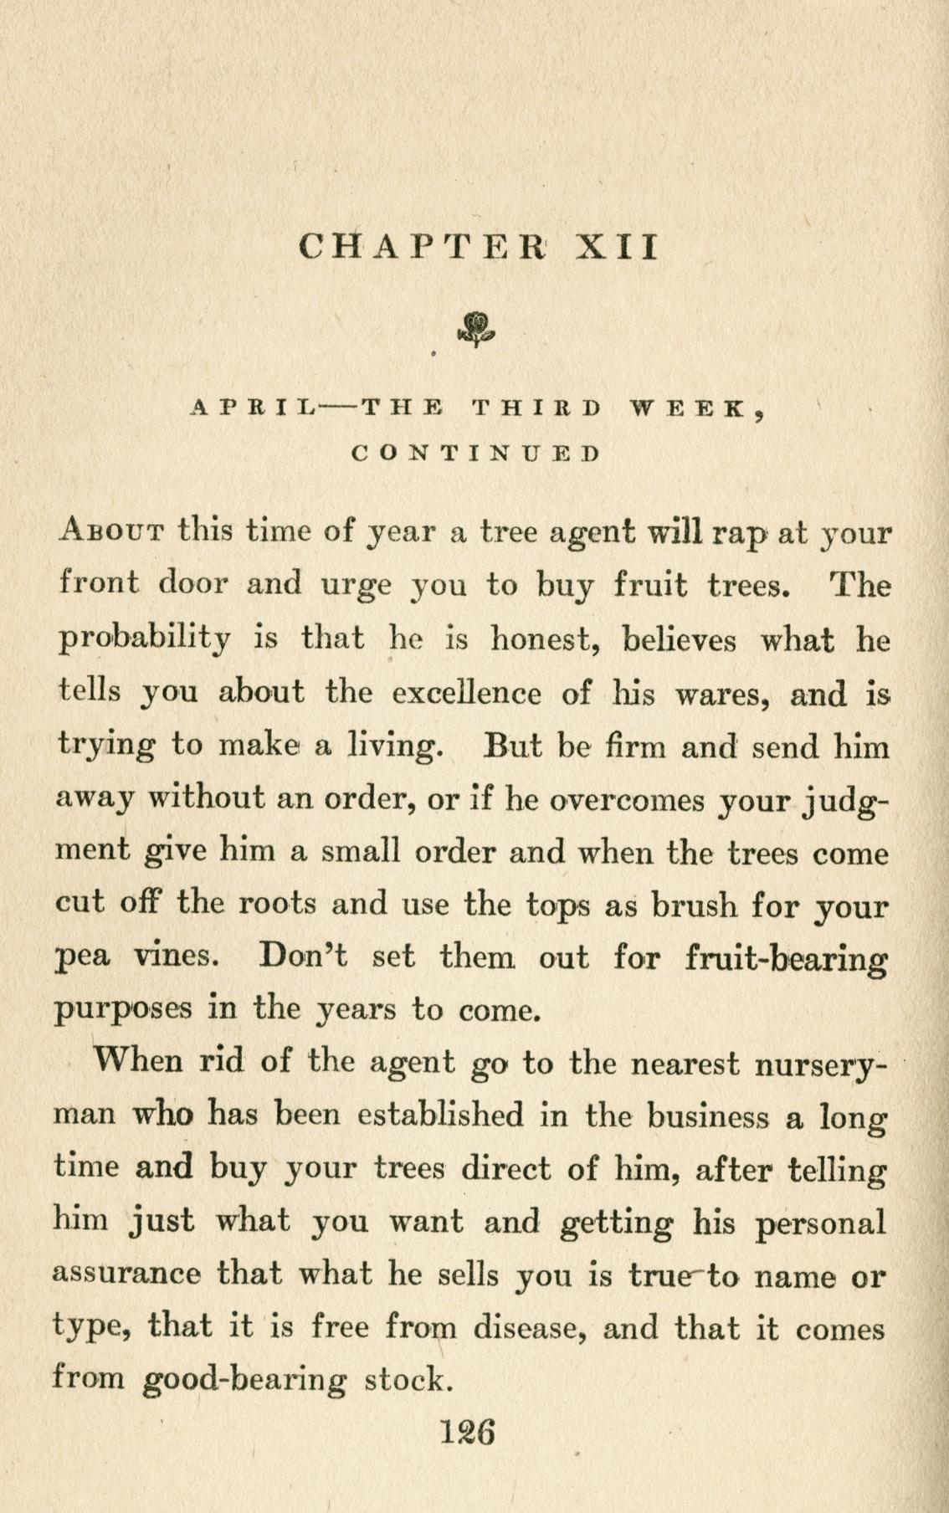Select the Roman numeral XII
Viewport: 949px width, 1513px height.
[x=618, y=247]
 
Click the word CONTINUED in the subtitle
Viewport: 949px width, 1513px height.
[x=475, y=454]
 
